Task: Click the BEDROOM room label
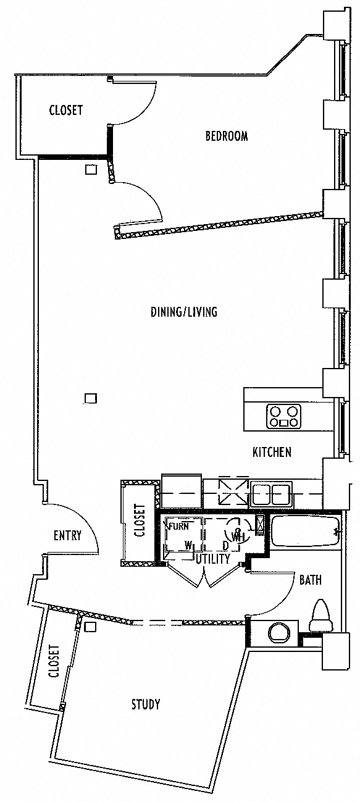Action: pyautogui.click(x=227, y=136)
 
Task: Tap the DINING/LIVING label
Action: pyautogui.click(x=184, y=312)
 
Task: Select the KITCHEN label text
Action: pyautogui.click(x=272, y=452)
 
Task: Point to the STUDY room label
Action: pyautogui.click(x=146, y=704)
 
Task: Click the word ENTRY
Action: pyautogui.click(x=67, y=535)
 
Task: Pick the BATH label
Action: pyautogui.click(x=310, y=580)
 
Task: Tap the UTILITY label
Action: pyautogui.click(x=213, y=559)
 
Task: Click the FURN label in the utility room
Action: pyautogui.click(x=178, y=526)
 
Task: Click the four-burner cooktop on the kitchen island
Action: pyautogui.click(x=283, y=416)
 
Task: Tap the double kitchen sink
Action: pyautogui.click(x=271, y=494)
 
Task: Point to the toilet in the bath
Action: pyautogui.click(x=320, y=616)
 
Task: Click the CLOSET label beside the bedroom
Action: pyautogui.click(x=66, y=110)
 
